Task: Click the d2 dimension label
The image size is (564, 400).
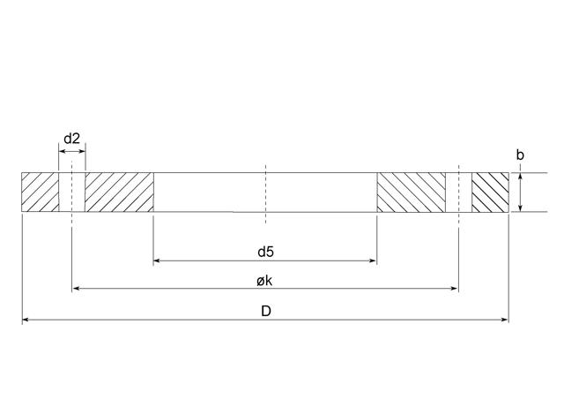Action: [x=72, y=139]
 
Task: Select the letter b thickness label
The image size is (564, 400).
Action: [x=520, y=155]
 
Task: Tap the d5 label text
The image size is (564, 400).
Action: [x=265, y=252]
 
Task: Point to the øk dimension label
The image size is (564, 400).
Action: [x=265, y=280]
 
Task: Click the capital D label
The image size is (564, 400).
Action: [x=265, y=311]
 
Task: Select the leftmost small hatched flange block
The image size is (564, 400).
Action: [x=40, y=192]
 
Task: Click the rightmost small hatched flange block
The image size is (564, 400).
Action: [x=490, y=192]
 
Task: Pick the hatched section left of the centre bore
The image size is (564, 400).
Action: [x=119, y=192]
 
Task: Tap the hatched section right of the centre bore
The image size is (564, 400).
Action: [x=412, y=192]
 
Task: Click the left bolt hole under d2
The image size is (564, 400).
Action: [x=72, y=192]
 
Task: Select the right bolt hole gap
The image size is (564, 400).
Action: [x=458, y=192]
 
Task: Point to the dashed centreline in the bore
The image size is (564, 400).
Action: [x=265, y=192]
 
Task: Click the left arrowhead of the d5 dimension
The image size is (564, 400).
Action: [x=158, y=260]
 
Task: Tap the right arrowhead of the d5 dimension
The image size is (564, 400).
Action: [x=373, y=260]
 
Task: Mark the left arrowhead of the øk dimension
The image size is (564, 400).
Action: [x=77, y=289]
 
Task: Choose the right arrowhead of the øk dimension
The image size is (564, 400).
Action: [x=454, y=289]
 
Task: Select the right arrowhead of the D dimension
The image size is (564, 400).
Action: [x=504, y=319]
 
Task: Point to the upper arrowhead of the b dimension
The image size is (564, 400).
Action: [x=521, y=177]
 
